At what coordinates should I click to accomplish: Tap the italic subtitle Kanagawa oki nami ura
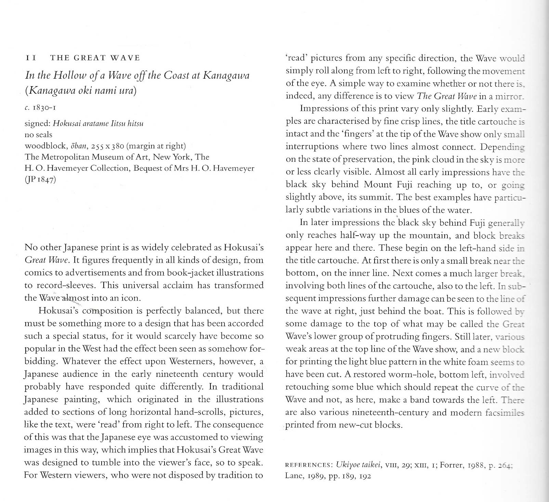pos(81,91)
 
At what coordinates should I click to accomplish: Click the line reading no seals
pos(39,135)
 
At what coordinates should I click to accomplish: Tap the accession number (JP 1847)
pos(40,180)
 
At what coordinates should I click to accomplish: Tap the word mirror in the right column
pos(510,96)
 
